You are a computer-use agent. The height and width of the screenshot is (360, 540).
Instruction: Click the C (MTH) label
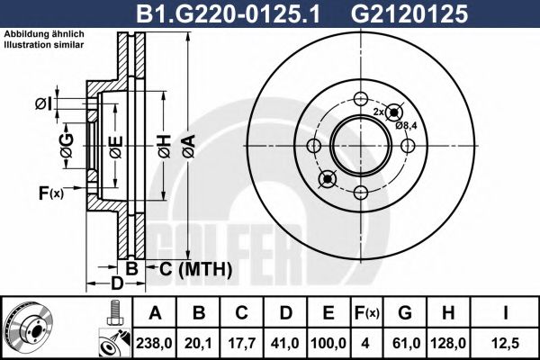click(195, 269)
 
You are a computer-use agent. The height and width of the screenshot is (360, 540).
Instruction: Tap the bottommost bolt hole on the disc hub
click(359, 191)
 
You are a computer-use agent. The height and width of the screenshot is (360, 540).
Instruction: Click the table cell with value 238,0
click(156, 341)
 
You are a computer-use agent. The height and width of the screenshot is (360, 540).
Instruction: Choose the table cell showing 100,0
click(328, 341)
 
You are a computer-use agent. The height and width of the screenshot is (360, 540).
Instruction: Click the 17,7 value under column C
click(242, 341)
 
